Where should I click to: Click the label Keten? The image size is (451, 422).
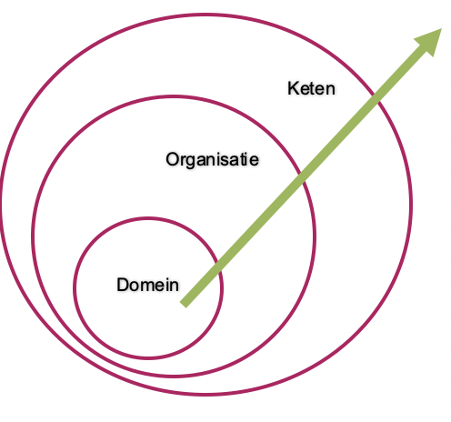tap(311, 88)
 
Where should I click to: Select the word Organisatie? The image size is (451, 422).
tap(212, 159)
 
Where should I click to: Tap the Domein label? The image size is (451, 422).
tap(147, 285)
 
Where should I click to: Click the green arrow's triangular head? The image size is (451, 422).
tap(430, 41)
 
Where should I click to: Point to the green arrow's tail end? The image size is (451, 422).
tap(183, 305)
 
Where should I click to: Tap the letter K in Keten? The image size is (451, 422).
tap(292, 88)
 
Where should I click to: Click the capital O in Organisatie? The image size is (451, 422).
tap(172, 159)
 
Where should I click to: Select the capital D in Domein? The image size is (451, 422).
tap(123, 285)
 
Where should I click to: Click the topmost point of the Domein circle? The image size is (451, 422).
tap(148, 218)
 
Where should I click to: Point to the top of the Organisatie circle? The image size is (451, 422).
tap(174, 97)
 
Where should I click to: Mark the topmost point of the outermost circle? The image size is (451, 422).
tap(206, 15)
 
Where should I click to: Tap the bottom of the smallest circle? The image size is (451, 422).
tap(148, 358)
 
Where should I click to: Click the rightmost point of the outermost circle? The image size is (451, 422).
tap(411, 204)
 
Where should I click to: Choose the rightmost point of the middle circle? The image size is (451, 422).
tap(315, 237)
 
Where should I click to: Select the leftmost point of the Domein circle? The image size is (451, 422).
tap(74, 288)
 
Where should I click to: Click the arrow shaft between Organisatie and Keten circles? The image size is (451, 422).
tap(340, 138)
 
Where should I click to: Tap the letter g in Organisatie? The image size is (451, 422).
tap(189, 162)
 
